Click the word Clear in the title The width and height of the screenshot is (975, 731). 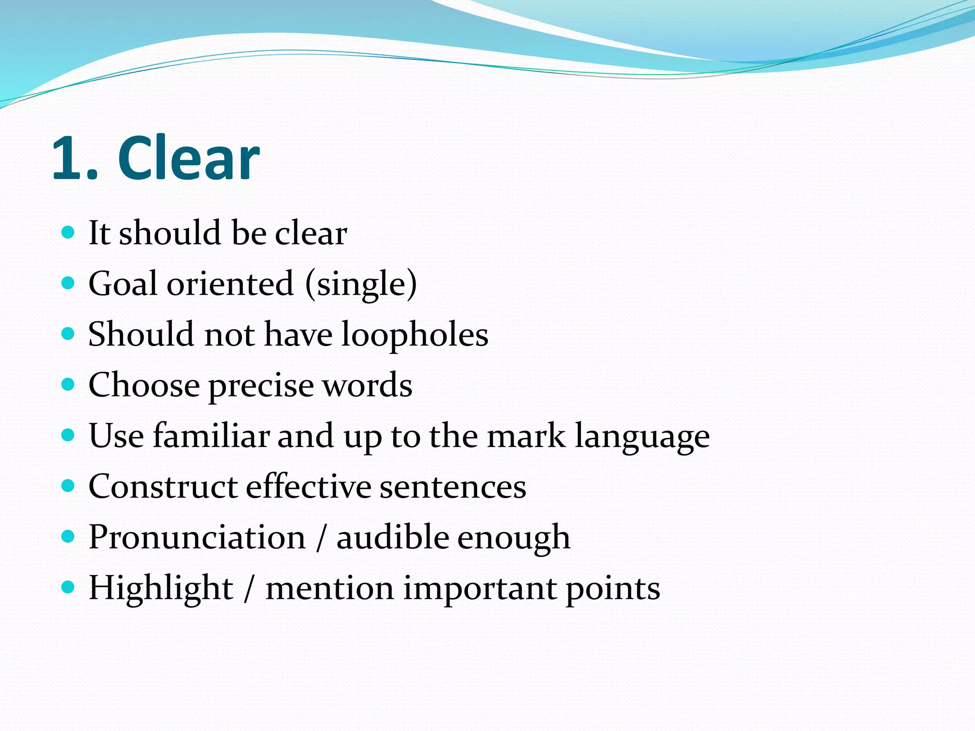click(x=189, y=158)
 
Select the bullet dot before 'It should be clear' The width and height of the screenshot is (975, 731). click(x=69, y=233)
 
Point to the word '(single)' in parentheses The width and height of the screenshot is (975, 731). click(x=361, y=285)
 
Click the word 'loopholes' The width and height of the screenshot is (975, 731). click(x=415, y=335)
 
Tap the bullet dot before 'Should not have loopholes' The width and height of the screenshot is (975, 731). click(x=69, y=334)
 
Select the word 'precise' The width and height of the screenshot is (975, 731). click(x=261, y=385)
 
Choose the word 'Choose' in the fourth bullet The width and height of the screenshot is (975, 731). click(x=144, y=385)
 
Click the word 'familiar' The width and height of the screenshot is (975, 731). click(x=211, y=435)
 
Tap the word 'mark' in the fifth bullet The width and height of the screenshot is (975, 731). click(x=526, y=435)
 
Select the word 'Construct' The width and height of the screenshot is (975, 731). click(x=163, y=486)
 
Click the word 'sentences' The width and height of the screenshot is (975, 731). click(x=453, y=487)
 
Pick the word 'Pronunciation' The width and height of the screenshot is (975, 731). click(x=197, y=537)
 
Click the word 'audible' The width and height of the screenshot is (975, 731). click(x=392, y=537)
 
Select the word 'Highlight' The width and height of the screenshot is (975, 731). click(x=161, y=589)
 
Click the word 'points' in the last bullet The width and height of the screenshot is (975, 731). click(x=613, y=589)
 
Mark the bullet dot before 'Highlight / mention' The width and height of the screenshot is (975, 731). click(x=69, y=588)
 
